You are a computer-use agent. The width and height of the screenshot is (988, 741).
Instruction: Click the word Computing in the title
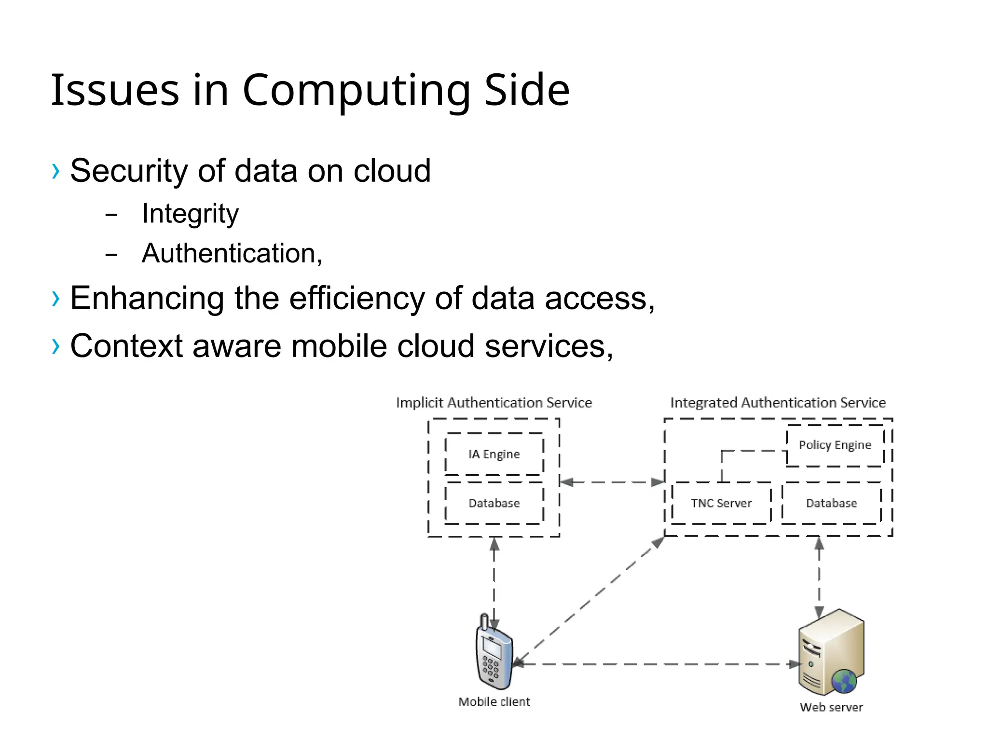356,90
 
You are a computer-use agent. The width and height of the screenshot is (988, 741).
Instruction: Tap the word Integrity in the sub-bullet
190,214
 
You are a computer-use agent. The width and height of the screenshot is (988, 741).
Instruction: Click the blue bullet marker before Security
56,171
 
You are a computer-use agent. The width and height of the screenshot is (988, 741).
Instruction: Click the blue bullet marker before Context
56,346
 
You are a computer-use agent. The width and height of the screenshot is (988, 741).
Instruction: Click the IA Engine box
494,454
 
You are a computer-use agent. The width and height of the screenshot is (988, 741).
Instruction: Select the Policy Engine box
835,445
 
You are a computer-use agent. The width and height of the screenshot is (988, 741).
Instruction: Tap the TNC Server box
721,503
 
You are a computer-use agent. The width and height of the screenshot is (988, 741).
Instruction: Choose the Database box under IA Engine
494,503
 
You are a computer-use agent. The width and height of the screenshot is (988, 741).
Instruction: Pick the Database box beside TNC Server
831,503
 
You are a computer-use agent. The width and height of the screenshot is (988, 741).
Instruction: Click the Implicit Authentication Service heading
494,403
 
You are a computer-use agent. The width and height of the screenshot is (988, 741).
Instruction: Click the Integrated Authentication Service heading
778,403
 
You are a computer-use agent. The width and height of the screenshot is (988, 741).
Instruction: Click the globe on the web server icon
844,681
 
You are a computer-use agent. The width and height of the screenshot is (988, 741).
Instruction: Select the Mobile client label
494,701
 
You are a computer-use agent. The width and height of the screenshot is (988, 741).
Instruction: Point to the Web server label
831,707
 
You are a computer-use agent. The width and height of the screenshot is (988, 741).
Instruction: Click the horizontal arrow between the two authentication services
612,482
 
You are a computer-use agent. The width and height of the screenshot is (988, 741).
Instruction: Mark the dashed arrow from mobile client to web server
656,664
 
